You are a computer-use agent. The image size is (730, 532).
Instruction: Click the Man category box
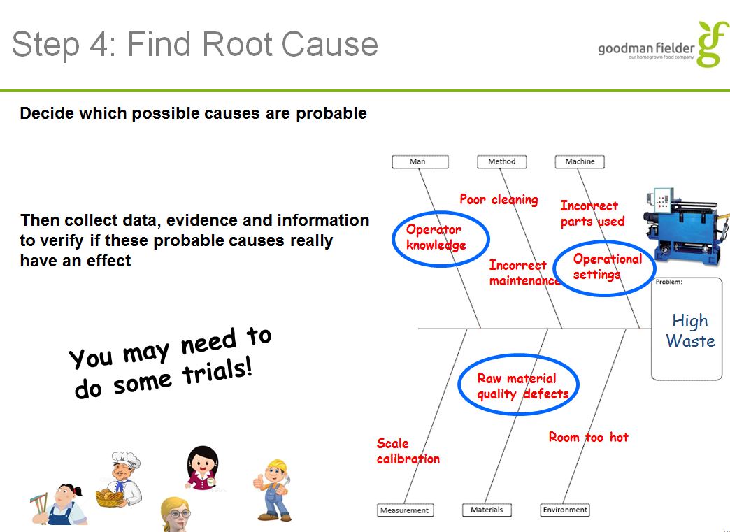click(418, 161)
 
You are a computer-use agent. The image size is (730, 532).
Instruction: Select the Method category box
click(501, 161)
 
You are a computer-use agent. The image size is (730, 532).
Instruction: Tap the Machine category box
click(580, 161)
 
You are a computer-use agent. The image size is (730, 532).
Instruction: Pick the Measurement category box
click(404, 510)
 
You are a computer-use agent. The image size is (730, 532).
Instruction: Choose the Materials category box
click(487, 510)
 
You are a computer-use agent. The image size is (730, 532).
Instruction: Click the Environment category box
click(565, 510)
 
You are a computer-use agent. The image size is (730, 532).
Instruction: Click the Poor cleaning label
click(499, 199)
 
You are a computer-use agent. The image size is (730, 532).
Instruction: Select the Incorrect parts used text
click(592, 213)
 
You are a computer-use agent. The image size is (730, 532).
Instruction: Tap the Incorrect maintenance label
click(524, 273)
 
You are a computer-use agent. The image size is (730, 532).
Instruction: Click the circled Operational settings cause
click(606, 266)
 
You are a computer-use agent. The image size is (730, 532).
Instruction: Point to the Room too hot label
click(588, 437)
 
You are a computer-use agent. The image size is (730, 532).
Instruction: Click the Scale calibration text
click(408, 451)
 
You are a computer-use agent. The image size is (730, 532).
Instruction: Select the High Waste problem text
click(689, 331)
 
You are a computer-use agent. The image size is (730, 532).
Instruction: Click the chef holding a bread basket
click(119, 479)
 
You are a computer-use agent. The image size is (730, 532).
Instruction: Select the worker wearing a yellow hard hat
click(273, 489)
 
